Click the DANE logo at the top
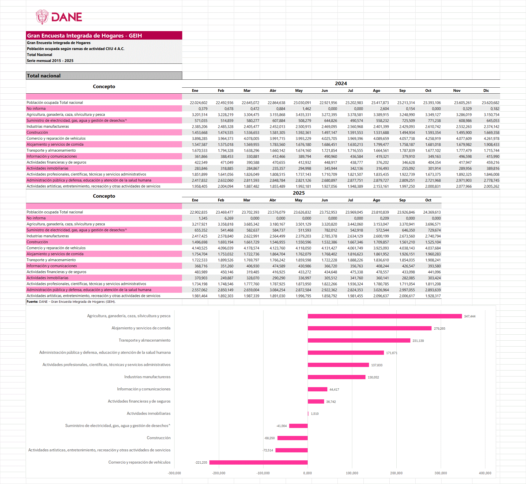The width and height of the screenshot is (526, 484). pos(59,17)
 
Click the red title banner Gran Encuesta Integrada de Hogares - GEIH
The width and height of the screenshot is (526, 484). pos(104,36)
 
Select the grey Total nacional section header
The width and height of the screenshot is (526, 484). pos(104,76)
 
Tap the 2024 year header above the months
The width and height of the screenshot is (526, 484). pos(341,83)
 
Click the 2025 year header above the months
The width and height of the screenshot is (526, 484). pos(298,193)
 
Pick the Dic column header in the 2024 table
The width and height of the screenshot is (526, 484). pos(486,91)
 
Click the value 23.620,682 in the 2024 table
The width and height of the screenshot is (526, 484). pos(490,103)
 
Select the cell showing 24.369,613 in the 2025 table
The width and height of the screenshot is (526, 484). pos(432,212)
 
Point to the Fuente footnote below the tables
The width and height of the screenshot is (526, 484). pos(71,302)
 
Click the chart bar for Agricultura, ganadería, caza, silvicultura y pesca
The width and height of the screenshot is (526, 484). pos(384,316)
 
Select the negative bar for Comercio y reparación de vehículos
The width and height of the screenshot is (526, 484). pos(258,462)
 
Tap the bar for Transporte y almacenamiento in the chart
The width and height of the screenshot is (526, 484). pos(359,341)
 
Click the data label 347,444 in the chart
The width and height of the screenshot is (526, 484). pos(469,316)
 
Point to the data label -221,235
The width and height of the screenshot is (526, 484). pos(201,463)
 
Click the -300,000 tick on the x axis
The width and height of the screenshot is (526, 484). pos(174,473)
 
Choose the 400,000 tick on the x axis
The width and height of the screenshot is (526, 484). pos(485,473)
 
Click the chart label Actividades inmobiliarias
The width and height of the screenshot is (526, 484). pos(148,414)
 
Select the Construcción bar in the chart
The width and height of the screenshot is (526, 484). pos(292,438)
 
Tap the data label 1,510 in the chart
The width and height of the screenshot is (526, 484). pos(314,414)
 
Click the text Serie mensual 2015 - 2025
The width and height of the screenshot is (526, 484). pos(50,61)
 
